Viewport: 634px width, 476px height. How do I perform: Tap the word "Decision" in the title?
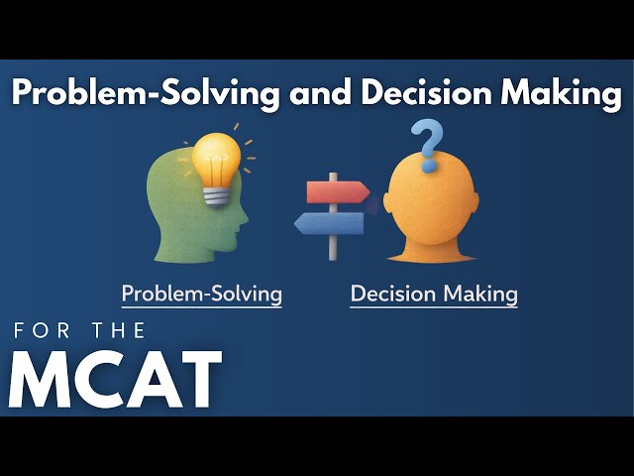[x=422, y=94]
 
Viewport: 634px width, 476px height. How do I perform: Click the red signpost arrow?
[x=337, y=191]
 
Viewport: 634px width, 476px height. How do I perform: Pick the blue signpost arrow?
[x=330, y=224]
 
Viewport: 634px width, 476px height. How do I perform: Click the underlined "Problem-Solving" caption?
[x=201, y=294]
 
